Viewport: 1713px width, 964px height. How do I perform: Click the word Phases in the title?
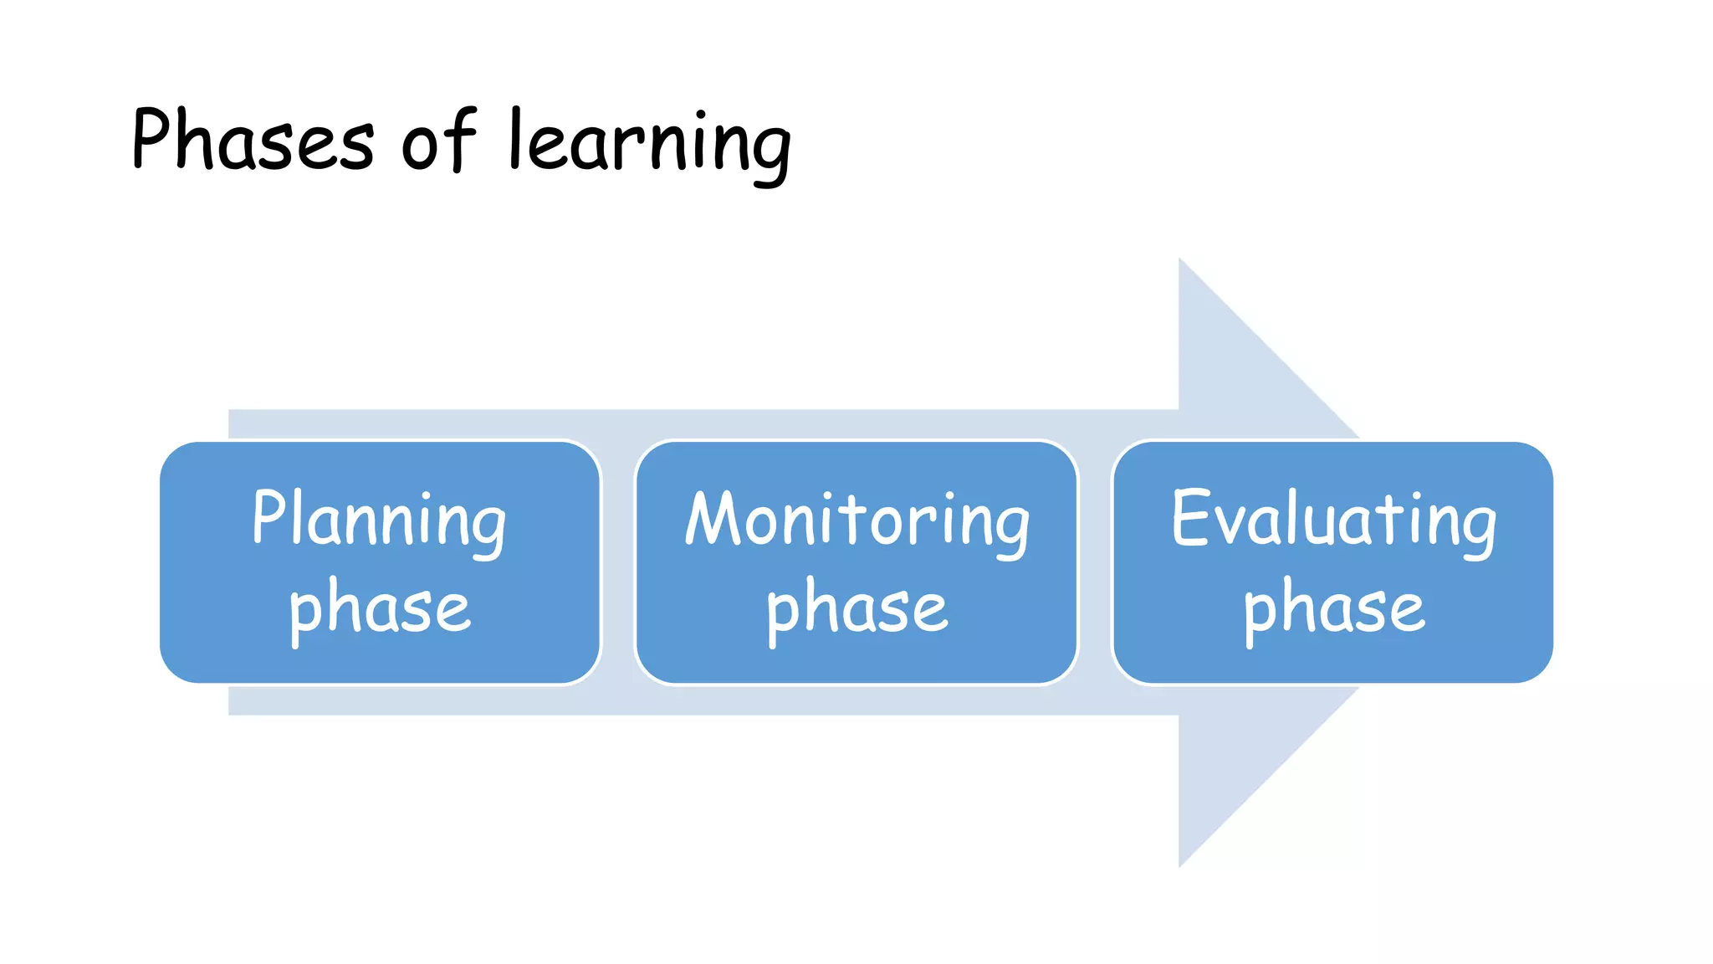coord(252,141)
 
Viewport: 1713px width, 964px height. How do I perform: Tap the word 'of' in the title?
coord(438,141)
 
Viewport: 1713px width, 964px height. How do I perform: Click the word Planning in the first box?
coord(379,520)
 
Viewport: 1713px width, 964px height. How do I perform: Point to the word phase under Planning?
coord(379,608)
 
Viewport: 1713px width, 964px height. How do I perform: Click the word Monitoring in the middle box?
coord(856,520)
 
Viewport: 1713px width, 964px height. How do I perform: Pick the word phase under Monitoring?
coord(856,608)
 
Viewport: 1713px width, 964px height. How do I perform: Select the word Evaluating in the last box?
coord(1333,520)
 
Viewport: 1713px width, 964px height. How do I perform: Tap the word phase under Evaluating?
coord(1333,608)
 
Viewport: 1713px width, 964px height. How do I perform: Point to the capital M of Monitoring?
coord(711,518)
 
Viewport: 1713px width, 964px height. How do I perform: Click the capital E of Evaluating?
coord(1189,518)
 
